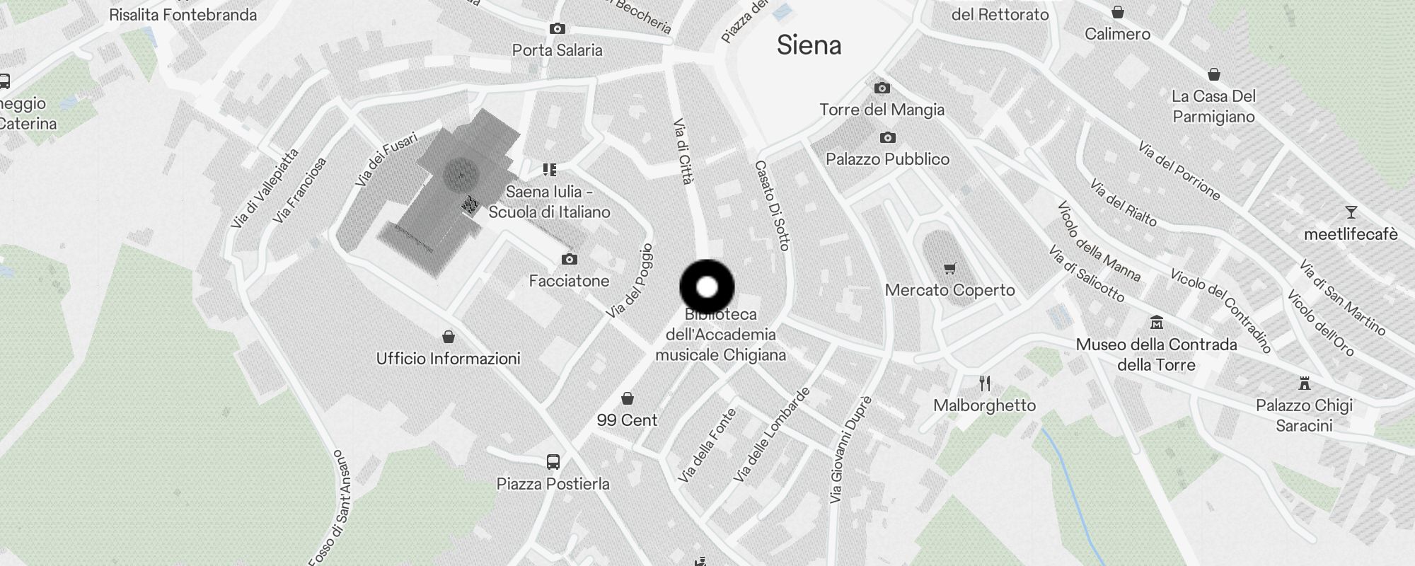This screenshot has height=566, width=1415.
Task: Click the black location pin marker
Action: [x=707, y=287]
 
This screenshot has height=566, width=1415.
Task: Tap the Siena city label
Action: [x=809, y=45]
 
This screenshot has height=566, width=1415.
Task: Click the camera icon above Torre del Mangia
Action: [x=882, y=88]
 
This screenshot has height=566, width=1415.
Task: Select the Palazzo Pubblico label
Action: [x=887, y=159]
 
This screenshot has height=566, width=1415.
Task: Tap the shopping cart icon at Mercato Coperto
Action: [x=949, y=269]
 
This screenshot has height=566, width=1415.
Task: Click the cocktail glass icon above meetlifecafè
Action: [x=1351, y=212]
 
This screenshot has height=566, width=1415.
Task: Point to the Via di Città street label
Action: [x=683, y=151]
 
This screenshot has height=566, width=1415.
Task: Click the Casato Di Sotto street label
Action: [x=771, y=205]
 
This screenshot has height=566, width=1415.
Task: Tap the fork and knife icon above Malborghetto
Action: [x=984, y=384]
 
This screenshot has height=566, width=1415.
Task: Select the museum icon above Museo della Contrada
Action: [x=1156, y=323]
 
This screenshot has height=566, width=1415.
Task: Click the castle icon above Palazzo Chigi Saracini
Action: [x=1304, y=384]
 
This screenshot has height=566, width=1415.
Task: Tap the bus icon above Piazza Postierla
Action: [x=553, y=462]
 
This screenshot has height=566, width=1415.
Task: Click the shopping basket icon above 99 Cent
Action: [x=627, y=398]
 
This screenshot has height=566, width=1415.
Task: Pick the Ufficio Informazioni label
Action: [x=448, y=359]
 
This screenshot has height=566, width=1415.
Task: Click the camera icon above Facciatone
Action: [x=569, y=260]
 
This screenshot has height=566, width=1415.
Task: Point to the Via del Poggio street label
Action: [x=630, y=281]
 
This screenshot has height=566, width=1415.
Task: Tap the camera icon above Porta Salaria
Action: [x=558, y=29]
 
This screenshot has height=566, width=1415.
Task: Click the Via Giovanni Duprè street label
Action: [x=850, y=450]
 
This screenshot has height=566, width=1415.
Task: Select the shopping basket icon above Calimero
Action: [x=1117, y=12]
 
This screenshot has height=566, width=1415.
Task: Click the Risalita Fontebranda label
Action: [x=183, y=15]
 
